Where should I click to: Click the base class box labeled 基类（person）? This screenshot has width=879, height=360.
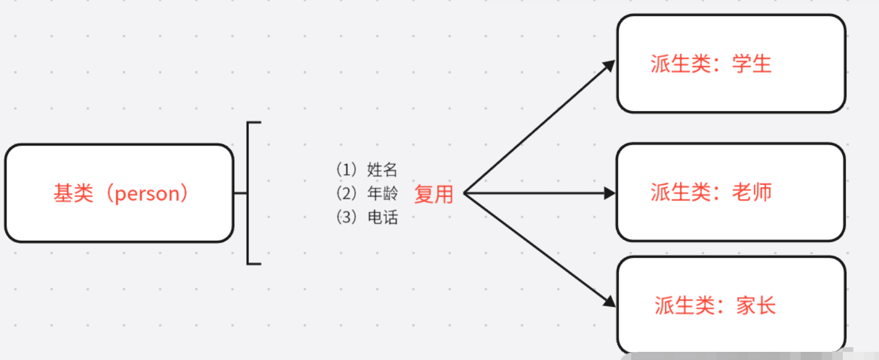(x=119, y=193)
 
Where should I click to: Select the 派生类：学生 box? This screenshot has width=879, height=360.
(x=731, y=63)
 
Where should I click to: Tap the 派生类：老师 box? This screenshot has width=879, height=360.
(x=731, y=192)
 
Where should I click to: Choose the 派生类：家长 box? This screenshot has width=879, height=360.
(x=731, y=305)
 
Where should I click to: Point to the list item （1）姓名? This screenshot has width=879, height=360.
(x=367, y=170)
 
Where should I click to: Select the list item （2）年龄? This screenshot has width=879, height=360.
(x=367, y=193)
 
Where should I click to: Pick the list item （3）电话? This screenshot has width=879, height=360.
(x=367, y=217)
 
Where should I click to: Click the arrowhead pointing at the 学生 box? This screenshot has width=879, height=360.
(x=610, y=65)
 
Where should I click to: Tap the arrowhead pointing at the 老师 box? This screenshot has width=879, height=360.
(x=610, y=193)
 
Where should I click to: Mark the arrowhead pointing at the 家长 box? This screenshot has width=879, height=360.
(x=610, y=302)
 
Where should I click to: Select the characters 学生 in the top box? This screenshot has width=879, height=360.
(x=752, y=64)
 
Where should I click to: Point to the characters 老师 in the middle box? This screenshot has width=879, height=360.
(x=752, y=192)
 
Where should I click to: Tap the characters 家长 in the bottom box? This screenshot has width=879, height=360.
(x=756, y=306)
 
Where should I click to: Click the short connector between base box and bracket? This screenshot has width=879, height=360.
(x=240, y=193)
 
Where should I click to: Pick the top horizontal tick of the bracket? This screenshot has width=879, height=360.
(x=254, y=123)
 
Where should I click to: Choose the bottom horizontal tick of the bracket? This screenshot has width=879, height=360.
(x=254, y=264)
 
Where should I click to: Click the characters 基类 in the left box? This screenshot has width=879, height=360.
(x=74, y=193)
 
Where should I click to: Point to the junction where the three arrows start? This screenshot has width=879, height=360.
(x=465, y=193)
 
